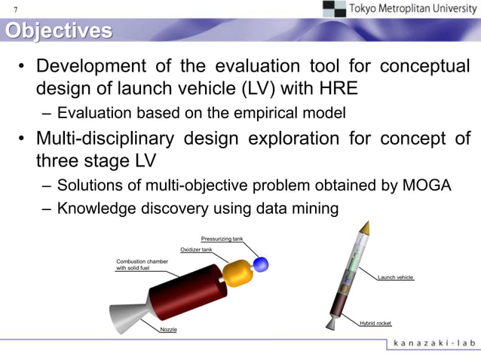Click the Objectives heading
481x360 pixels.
click(x=58, y=31)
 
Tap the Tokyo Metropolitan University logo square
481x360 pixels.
click(x=334, y=8)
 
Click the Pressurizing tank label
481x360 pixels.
click(x=221, y=239)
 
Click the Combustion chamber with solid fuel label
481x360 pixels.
click(x=142, y=264)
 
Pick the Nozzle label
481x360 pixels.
click(x=168, y=330)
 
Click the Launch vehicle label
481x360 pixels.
click(x=396, y=277)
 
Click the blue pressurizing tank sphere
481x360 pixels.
click(x=261, y=264)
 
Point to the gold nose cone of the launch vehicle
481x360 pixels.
click(x=365, y=226)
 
